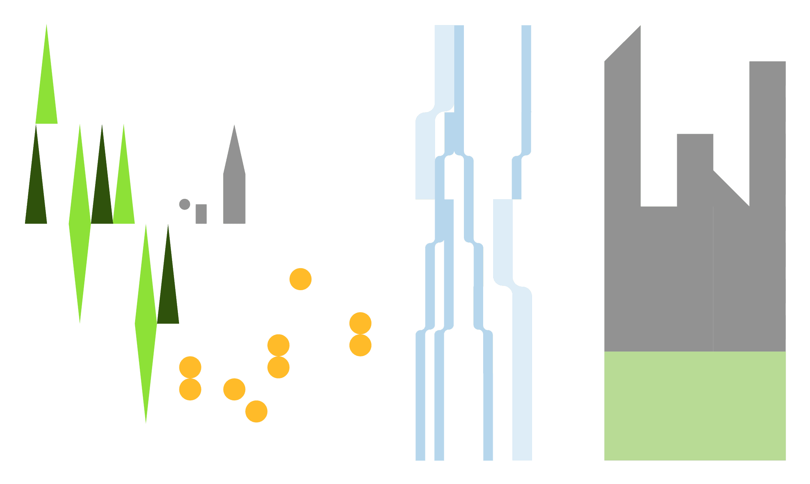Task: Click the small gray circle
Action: [184, 204]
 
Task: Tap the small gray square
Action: [201, 214]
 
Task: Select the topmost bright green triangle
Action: [47, 89]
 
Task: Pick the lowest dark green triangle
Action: [168, 289]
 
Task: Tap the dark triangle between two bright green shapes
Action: [102, 189]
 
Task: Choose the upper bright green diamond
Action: [80, 224]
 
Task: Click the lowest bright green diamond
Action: [146, 324]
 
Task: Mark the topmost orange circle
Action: [300, 279]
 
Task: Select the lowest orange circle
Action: [256, 411]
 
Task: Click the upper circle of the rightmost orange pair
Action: [360, 323]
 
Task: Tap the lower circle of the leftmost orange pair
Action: [190, 389]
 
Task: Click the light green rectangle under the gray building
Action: [695, 405]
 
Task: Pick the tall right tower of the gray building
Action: [767, 116]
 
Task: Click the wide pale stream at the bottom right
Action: [522, 385]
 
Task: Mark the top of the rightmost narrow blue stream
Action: [526, 31]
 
